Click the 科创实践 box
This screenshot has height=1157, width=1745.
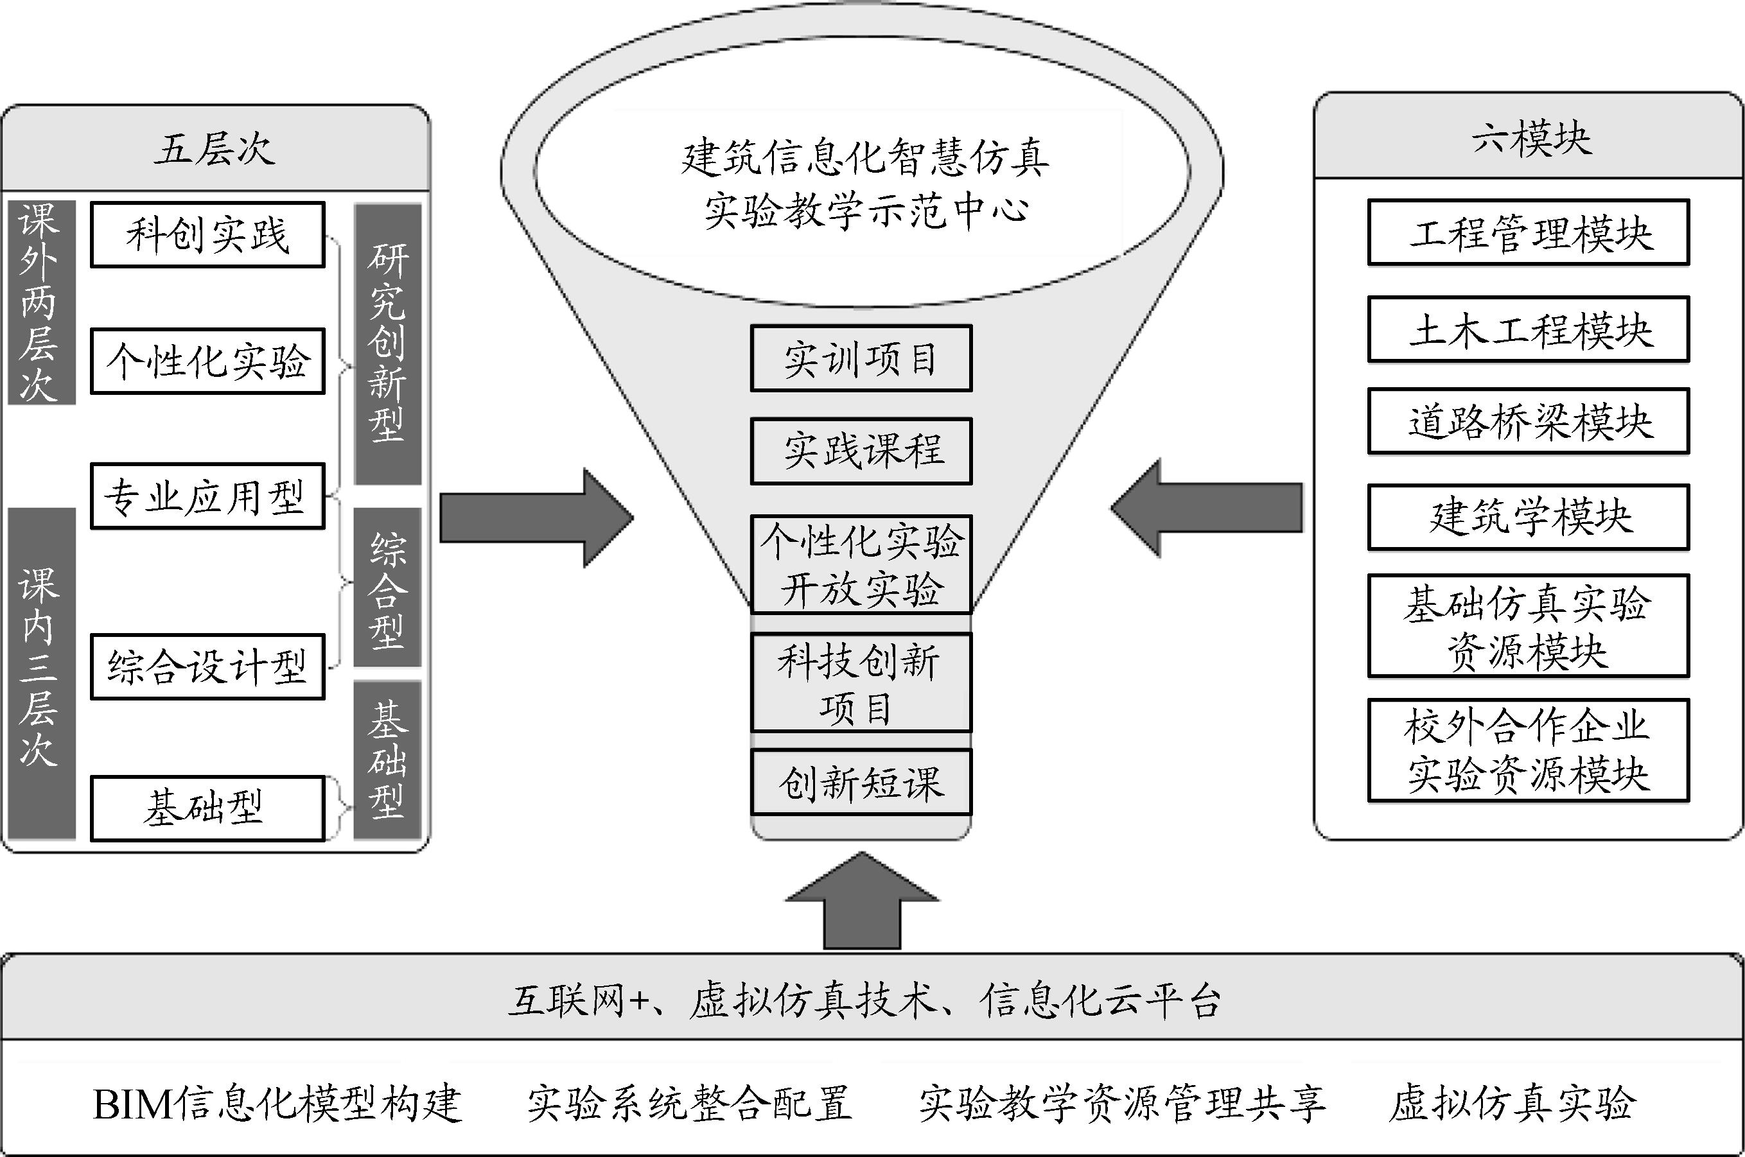(207, 234)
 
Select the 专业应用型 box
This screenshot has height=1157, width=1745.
(207, 496)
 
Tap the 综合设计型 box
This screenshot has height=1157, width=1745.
(207, 666)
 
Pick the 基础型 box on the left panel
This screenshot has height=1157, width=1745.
(207, 808)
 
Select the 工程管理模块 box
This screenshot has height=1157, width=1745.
(1528, 232)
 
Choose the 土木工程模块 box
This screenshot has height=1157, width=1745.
(1528, 329)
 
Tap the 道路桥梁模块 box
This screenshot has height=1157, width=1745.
(1528, 421)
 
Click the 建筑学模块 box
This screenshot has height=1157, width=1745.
(1528, 516)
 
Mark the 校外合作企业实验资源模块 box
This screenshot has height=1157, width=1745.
(1528, 751)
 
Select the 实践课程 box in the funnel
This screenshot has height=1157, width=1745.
(861, 451)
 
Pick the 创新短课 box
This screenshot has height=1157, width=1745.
(861, 782)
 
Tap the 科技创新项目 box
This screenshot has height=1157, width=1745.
(861, 683)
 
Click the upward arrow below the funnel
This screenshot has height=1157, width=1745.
(861, 904)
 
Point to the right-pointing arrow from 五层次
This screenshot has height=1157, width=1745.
(535, 518)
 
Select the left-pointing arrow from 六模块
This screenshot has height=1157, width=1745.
(1207, 508)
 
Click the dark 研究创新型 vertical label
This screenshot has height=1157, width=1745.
(387, 344)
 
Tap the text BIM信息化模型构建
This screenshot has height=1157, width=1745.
(277, 1104)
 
